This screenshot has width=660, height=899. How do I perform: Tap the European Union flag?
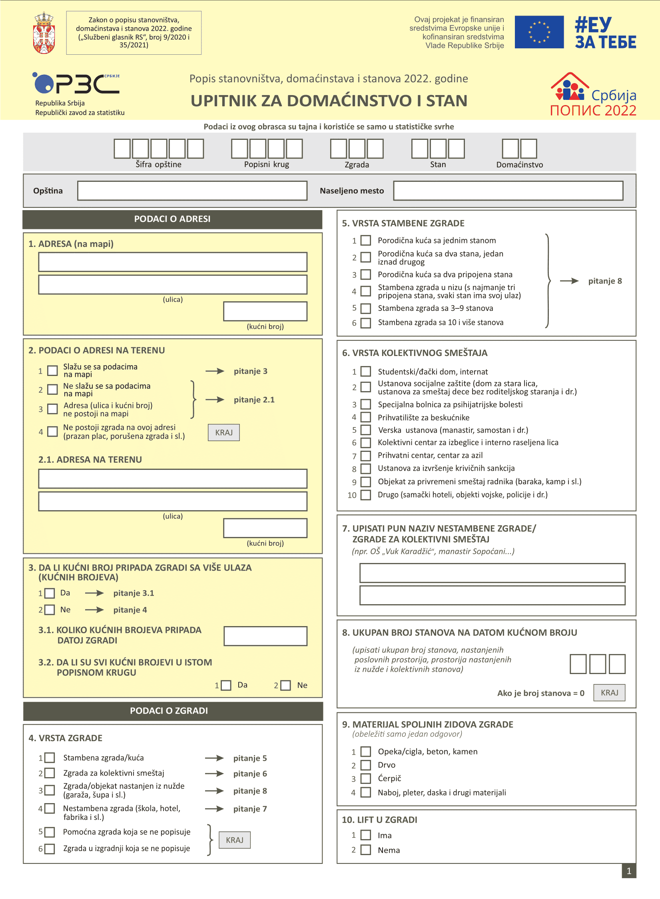(x=539, y=32)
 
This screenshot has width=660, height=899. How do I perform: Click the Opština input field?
(x=192, y=191)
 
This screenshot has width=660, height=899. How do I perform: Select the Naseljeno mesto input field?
(x=508, y=191)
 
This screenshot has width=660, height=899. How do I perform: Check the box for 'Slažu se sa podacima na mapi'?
(x=52, y=371)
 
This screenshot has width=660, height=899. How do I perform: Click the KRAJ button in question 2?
(x=223, y=432)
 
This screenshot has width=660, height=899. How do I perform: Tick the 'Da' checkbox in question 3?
(x=50, y=593)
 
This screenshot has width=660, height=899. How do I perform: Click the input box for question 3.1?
(x=265, y=636)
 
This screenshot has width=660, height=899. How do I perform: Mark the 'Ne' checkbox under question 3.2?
(x=285, y=686)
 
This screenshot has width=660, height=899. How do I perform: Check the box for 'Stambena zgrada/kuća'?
(x=50, y=758)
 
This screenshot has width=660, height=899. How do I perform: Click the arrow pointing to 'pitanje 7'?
(x=214, y=809)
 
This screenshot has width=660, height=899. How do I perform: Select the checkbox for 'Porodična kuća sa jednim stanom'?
(x=365, y=241)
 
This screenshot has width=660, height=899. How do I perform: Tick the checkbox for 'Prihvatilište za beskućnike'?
(x=365, y=418)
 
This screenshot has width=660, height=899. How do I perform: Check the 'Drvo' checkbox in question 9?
(x=365, y=765)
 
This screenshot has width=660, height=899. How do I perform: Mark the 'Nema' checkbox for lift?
(x=365, y=850)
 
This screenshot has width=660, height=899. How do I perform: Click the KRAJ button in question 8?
(x=609, y=693)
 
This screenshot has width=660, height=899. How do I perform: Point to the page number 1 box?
(x=628, y=871)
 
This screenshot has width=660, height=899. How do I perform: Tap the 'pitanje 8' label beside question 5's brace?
(x=605, y=281)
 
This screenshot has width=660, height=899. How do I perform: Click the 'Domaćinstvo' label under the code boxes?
(x=519, y=165)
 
